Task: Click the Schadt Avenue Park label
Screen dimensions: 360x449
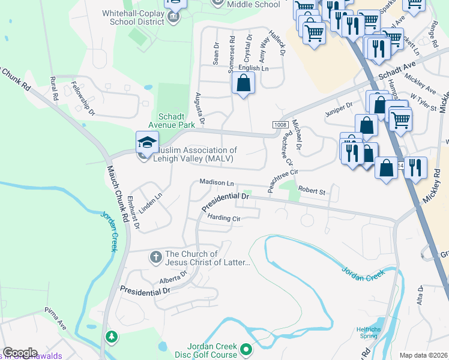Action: [x=176, y=121]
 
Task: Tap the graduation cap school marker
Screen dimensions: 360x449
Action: [x=147, y=142]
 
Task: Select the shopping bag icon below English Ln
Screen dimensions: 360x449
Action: [x=243, y=84]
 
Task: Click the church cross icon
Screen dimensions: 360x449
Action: [x=155, y=257]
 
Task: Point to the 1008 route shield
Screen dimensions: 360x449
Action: [x=280, y=124]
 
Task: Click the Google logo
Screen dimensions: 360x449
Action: [x=20, y=353]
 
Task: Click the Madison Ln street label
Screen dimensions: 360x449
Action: [x=216, y=182]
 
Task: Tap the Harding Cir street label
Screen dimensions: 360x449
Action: [x=223, y=218]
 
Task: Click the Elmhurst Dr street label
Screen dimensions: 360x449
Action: [x=133, y=212]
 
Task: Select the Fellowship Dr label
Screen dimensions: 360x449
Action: [x=83, y=98]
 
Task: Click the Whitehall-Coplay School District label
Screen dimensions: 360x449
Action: [x=125, y=17]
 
